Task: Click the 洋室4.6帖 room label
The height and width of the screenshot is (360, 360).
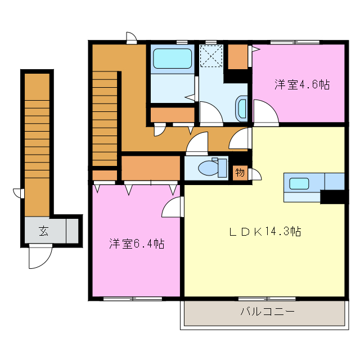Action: [301, 85]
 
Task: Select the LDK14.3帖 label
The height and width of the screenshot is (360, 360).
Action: [264, 231]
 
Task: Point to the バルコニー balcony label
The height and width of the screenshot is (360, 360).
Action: [267, 311]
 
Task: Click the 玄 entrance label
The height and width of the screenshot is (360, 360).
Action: [43, 230]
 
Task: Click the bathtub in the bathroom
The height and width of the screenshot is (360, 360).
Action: [172, 58]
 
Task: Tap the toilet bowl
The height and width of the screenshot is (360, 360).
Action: [209, 168]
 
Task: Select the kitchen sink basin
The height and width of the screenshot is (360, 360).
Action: [299, 183]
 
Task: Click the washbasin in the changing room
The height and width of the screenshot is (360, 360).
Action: [242, 107]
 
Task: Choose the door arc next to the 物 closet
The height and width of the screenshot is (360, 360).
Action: [255, 174]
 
